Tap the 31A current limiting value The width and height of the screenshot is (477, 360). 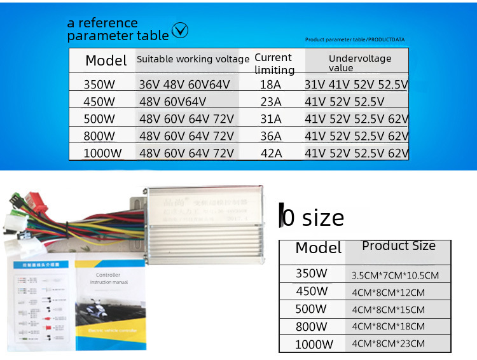271,119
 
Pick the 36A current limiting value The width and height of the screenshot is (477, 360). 271,136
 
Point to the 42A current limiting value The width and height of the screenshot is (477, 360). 271,153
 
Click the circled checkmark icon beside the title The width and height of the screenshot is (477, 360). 181,30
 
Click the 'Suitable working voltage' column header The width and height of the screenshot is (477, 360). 193,59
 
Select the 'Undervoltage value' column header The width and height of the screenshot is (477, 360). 360,63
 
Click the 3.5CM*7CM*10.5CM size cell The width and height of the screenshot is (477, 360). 395,275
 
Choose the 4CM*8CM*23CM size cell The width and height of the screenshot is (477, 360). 387,343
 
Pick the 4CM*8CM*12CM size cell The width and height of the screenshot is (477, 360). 387,293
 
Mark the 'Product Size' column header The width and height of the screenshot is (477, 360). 399,246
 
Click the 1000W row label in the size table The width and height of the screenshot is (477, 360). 314,345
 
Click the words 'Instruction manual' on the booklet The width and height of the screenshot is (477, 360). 109,282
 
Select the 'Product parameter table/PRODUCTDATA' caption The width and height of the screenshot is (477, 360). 354,39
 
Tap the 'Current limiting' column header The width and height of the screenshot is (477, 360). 274,64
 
